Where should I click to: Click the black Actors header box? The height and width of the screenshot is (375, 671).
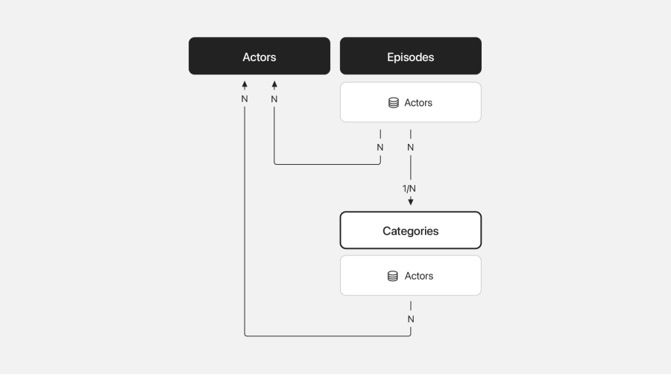pyautogui.click(x=259, y=56)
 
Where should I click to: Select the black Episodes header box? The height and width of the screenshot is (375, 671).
pyautogui.click(x=410, y=56)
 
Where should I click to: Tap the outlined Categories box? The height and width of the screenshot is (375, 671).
pyautogui.click(x=410, y=230)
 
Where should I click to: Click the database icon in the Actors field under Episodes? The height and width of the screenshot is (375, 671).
pyautogui.click(x=393, y=103)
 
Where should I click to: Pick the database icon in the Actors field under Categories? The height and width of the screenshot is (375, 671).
pyautogui.click(x=392, y=276)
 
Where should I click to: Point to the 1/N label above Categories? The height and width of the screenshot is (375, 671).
pyautogui.click(x=409, y=189)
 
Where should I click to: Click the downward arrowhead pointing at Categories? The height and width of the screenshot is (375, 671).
pyautogui.click(x=411, y=201)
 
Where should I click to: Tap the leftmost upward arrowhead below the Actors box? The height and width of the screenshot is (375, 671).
pyautogui.click(x=245, y=84)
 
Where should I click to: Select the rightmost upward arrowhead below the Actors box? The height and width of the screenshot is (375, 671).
pyautogui.click(x=274, y=84)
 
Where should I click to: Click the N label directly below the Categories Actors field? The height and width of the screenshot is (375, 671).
pyautogui.click(x=411, y=319)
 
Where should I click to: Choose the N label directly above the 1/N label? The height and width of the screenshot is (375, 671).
pyautogui.click(x=410, y=148)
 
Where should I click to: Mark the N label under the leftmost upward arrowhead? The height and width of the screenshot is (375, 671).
pyautogui.click(x=245, y=99)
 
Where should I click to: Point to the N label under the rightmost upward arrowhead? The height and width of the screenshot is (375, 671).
pyautogui.click(x=274, y=99)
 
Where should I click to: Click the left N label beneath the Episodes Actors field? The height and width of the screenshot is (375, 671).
pyautogui.click(x=380, y=148)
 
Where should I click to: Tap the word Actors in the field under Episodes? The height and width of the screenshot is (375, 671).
pyautogui.click(x=418, y=103)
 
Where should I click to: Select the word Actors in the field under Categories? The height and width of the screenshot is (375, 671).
pyautogui.click(x=419, y=276)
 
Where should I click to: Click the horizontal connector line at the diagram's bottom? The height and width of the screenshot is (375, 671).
pyautogui.click(x=328, y=336)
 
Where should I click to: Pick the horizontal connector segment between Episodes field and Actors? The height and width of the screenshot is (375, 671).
pyautogui.click(x=327, y=164)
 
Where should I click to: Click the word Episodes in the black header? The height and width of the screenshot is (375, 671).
pyautogui.click(x=410, y=57)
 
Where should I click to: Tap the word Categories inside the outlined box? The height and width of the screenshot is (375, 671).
pyautogui.click(x=410, y=231)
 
